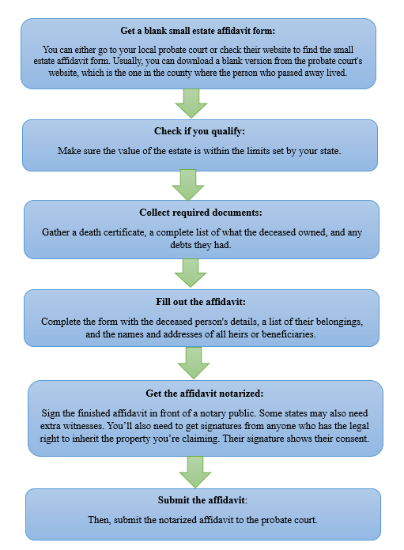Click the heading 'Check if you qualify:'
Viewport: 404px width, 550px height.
click(199, 131)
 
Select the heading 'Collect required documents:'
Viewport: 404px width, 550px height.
click(201, 213)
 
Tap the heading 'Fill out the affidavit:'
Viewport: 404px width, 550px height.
click(201, 302)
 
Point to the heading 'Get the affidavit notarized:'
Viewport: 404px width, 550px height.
click(205, 394)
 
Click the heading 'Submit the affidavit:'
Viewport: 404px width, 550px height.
click(202, 500)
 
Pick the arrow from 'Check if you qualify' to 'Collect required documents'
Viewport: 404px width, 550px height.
click(188, 185)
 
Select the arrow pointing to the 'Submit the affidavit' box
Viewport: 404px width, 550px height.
click(195, 472)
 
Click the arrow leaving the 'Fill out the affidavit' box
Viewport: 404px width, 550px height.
click(194, 363)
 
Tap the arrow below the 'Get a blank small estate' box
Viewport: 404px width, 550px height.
click(191, 104)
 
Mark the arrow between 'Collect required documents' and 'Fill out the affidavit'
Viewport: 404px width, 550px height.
click(191, 273)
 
